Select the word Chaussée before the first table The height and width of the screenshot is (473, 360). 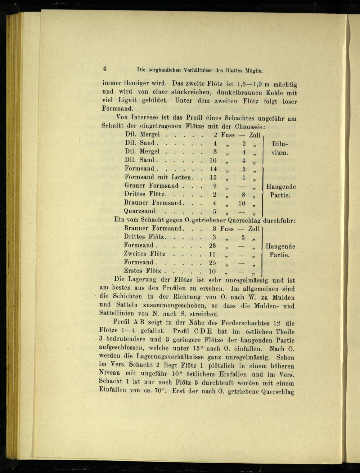(x=249, y=126)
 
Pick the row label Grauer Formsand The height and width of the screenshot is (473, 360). (x=152, y=186)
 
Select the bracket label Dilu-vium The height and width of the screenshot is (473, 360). (x=280, y=148)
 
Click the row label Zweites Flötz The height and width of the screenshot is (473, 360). (x=144, y=254)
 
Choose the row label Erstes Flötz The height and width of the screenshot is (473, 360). (x=142, y=271)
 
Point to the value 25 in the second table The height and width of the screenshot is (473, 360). (x=212, y=263)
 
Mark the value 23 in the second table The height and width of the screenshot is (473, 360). (x=212, y=246)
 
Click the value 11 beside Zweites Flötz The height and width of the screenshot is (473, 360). (x=212, y=254)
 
